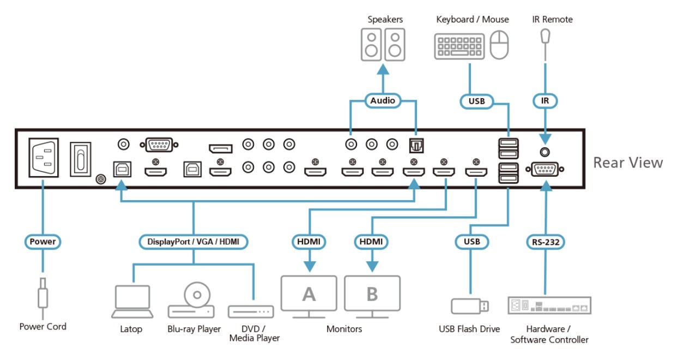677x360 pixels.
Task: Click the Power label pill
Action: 43,241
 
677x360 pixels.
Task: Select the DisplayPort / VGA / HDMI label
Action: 194,241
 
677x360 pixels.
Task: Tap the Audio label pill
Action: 383,100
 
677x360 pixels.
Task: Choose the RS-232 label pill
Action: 544,241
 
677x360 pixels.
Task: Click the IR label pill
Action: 544,100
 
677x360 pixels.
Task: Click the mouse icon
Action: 499,45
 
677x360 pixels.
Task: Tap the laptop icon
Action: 131,301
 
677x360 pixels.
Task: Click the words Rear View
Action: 628,162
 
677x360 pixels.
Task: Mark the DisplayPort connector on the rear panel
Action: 220,148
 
